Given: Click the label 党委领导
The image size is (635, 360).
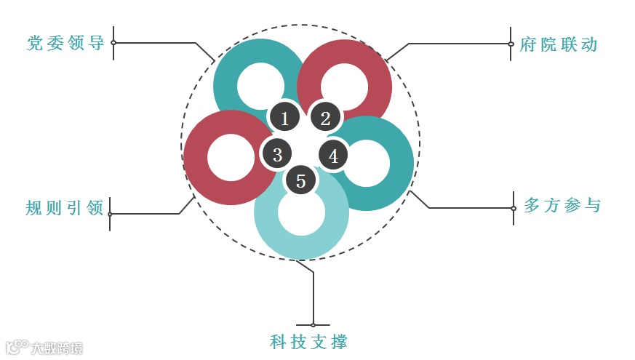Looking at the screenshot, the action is coord(65,43).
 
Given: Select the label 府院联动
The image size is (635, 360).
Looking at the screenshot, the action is coord(559,44).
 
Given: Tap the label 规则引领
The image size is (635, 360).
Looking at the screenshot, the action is coord(65,207).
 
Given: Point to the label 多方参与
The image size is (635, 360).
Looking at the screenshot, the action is coord(562,206).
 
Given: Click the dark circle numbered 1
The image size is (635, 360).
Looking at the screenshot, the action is coord(284,117).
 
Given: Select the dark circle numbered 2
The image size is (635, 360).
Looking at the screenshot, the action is coord(325,117).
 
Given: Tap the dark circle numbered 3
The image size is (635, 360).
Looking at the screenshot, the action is coord(277,155).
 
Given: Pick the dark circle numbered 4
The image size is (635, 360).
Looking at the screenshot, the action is coord(333,156).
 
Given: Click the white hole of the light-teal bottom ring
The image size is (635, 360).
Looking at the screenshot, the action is coord(301,212).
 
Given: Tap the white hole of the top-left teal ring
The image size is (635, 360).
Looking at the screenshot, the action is coord(260,86).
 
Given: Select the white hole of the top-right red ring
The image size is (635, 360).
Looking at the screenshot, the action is coord(345,86).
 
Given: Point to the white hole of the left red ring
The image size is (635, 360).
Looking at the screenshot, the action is coord(231,157).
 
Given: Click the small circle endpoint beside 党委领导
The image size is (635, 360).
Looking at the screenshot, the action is coord(113,43).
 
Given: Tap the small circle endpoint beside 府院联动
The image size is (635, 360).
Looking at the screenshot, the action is coord(511,44).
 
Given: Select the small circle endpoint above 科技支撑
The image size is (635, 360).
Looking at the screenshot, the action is coord(313,324).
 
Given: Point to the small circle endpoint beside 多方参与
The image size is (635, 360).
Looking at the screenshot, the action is coord(514,208).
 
